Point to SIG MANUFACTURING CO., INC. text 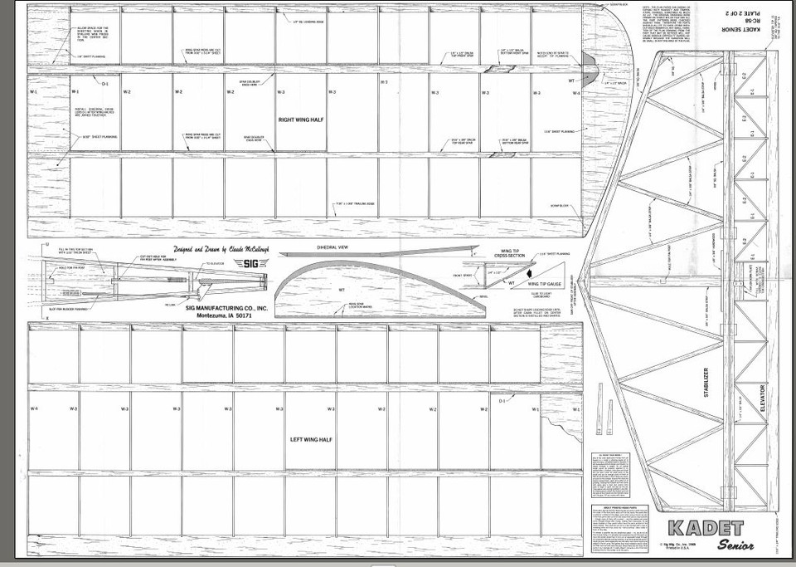click(x=228, y=307)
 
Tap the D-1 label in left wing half click(x=502, y=401)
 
